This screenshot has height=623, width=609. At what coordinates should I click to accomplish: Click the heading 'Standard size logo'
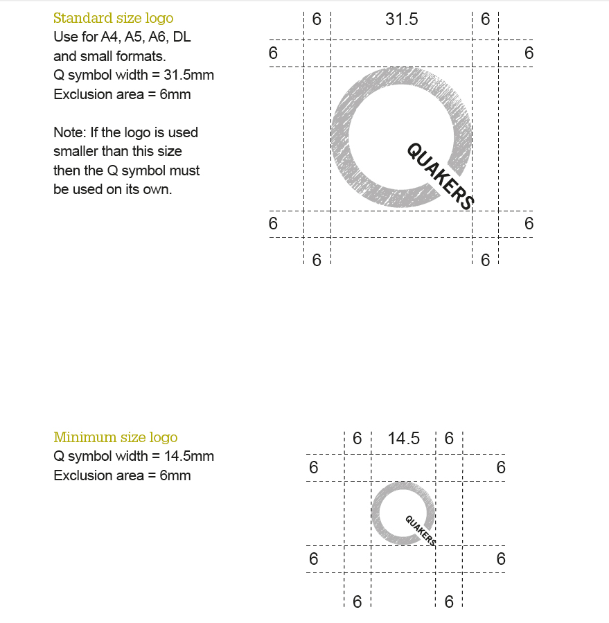point(113,18)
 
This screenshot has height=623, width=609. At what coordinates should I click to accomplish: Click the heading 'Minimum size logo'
point(115,437)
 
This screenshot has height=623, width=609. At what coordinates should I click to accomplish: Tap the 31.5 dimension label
point(401,19)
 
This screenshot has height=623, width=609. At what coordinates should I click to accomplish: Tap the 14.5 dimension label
point(404,439)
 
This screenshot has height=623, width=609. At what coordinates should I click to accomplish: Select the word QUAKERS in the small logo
point(420,531)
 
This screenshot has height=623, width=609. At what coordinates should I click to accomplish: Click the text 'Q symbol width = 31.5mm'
point(133,76)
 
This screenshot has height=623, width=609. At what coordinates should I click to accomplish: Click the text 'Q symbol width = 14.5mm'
point(133,456)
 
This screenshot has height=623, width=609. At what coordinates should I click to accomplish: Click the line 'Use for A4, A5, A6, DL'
point(122,37)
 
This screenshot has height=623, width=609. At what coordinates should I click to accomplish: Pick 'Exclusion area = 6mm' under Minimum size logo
point(122,475)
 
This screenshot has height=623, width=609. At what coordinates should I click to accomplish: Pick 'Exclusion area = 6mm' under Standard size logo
point(122,94)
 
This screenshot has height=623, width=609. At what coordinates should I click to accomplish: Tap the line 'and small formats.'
point(109,56)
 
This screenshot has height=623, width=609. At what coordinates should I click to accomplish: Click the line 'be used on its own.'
point(112,189)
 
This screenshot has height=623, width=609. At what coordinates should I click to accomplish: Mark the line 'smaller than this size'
point(118,151)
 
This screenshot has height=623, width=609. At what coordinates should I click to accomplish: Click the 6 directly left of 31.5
point(317,19)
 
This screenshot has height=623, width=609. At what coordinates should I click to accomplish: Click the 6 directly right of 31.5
point(485,19)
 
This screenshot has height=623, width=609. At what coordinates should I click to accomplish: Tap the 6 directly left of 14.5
point(358,439)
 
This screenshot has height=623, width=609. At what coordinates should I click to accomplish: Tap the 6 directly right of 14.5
point(449,439)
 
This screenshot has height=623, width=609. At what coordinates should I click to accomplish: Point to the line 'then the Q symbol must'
point(126,170)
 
